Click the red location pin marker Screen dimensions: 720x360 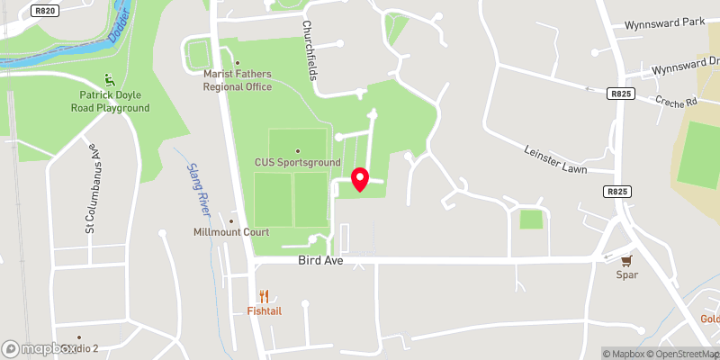click(x=360, y=179)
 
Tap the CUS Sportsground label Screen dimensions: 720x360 click(x=296, y=162)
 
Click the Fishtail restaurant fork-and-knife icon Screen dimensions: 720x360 click(x=264, y=296)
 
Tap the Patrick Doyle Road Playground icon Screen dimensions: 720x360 click(x=110, y=79)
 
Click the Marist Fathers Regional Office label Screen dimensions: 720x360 click(x=238, y=80)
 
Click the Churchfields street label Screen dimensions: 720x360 click(x=309, y=50)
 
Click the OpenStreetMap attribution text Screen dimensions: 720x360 click(x=680, y=354)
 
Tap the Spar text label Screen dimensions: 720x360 click(x=627, y=274)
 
